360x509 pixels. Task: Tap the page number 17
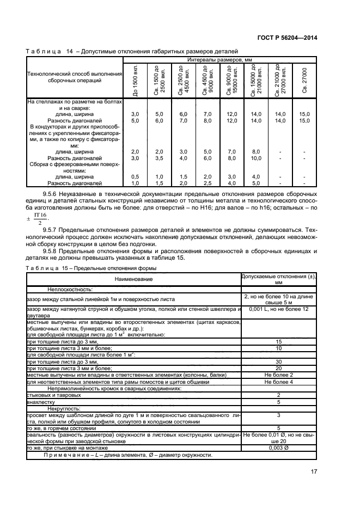314,472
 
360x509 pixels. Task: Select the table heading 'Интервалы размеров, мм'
221,59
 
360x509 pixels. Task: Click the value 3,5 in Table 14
159,158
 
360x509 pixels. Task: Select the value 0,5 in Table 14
135,177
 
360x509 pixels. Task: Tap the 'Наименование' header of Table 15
133,279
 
